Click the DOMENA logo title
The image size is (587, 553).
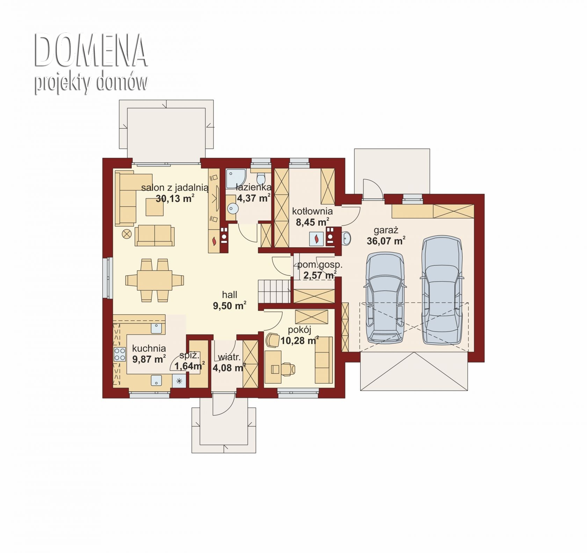click(x=91, y=51)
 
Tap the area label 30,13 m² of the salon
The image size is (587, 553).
click(x=175, y=199)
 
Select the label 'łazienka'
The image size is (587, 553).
click(x=254, y=187)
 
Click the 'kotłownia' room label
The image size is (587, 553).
click(x=312, y=211)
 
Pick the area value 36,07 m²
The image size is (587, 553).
click(x=386, y=241)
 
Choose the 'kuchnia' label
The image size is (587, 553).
click(x=149, y=348)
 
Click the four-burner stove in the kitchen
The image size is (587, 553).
click(x=119, y=354)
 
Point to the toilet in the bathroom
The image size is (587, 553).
click(x=261, y=179)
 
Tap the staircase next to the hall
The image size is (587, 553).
click(x=275, y=292)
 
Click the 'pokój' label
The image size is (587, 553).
click(x=299, y=330)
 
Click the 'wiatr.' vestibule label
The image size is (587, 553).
click(x=229, y=357)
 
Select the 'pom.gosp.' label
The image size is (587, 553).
click(x=320, y=265)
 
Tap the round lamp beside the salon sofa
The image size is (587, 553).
click(x=126, y=234)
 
